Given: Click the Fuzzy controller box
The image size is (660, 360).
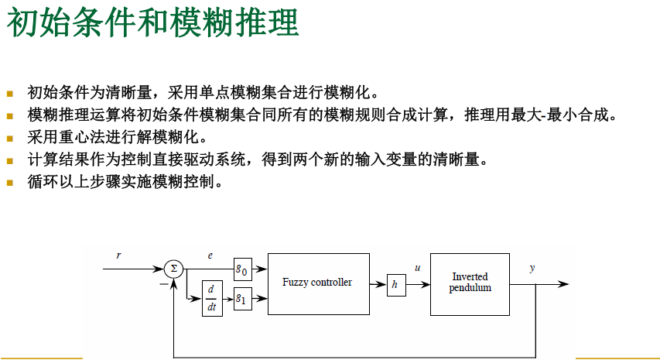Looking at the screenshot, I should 317,283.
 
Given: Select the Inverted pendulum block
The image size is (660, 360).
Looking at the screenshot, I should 470,283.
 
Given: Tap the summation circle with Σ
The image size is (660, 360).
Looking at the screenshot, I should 174,269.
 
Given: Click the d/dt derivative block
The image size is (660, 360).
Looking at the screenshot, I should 211,297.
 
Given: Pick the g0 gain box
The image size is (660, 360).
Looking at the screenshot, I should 242,269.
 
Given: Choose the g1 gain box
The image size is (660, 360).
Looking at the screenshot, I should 242,297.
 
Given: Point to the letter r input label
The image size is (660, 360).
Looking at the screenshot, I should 118,255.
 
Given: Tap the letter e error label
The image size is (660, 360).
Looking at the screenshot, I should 210,255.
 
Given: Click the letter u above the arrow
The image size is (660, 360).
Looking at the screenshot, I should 418,268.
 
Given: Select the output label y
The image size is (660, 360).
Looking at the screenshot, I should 532,268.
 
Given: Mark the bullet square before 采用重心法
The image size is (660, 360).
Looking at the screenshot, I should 10,139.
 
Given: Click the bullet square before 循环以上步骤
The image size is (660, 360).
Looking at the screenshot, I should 10,184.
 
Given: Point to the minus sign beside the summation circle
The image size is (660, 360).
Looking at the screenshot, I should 163,284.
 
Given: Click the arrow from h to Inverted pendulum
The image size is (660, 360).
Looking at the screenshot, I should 418,284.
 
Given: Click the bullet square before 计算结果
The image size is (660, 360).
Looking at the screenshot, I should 10,162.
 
